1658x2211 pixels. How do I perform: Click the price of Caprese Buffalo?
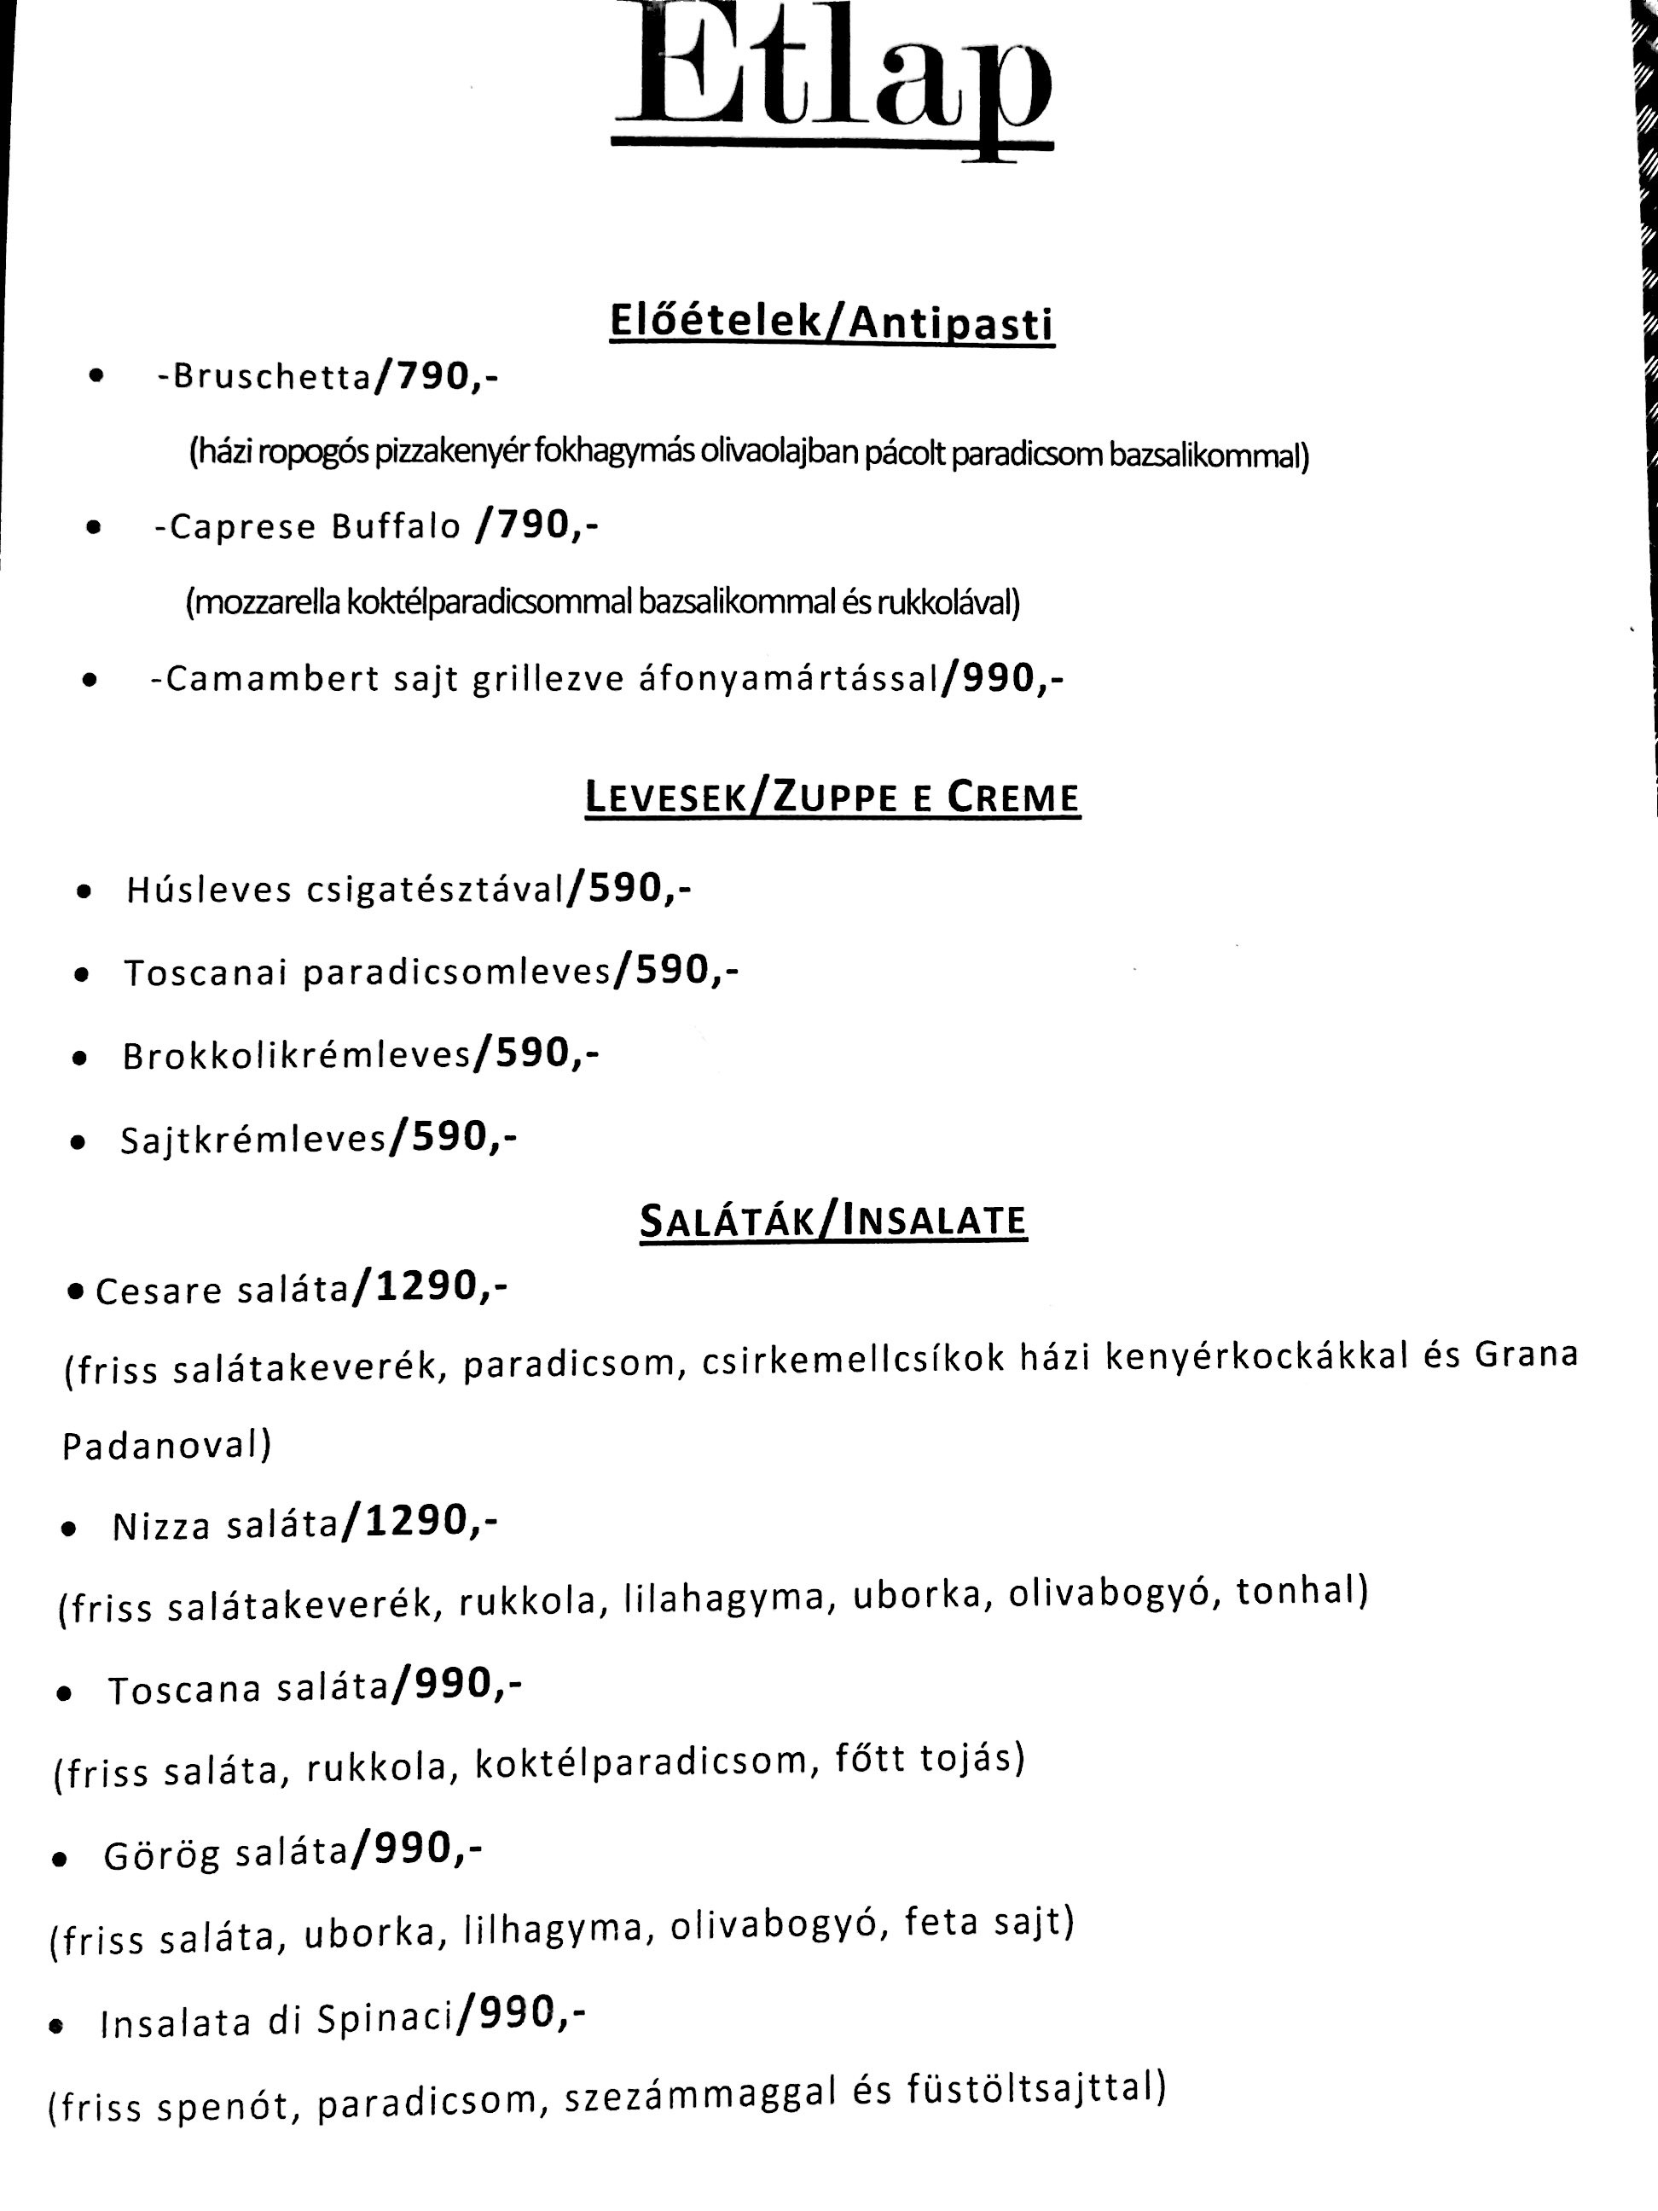(x=537, y=525)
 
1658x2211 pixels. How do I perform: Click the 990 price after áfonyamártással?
(x=1002, y=680)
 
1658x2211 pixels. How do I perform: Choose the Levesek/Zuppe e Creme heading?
(x=832, y=798)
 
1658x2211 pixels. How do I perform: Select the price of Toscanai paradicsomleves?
(x=675, y=972)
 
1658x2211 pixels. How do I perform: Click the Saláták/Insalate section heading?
(x=832, y=1221)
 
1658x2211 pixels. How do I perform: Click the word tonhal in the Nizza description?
(x=1300, y=1590)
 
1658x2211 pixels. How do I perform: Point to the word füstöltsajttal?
(x=1035, y=2090)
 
